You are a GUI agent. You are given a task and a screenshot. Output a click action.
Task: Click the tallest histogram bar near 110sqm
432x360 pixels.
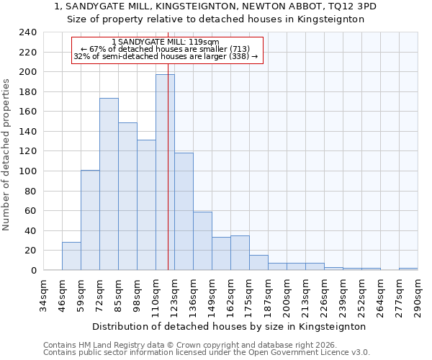165,173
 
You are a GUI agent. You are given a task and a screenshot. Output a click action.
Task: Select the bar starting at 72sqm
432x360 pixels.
109,184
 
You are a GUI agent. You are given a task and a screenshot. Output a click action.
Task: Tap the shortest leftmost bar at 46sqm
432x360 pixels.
71,256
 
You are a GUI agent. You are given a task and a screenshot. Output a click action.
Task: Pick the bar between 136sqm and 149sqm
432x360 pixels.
202,241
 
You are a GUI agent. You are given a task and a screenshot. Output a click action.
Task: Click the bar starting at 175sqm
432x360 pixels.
258,263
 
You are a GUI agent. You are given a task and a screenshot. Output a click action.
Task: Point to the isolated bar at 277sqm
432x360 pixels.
408,269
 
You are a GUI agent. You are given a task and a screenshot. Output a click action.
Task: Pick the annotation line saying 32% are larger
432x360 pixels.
165,55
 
